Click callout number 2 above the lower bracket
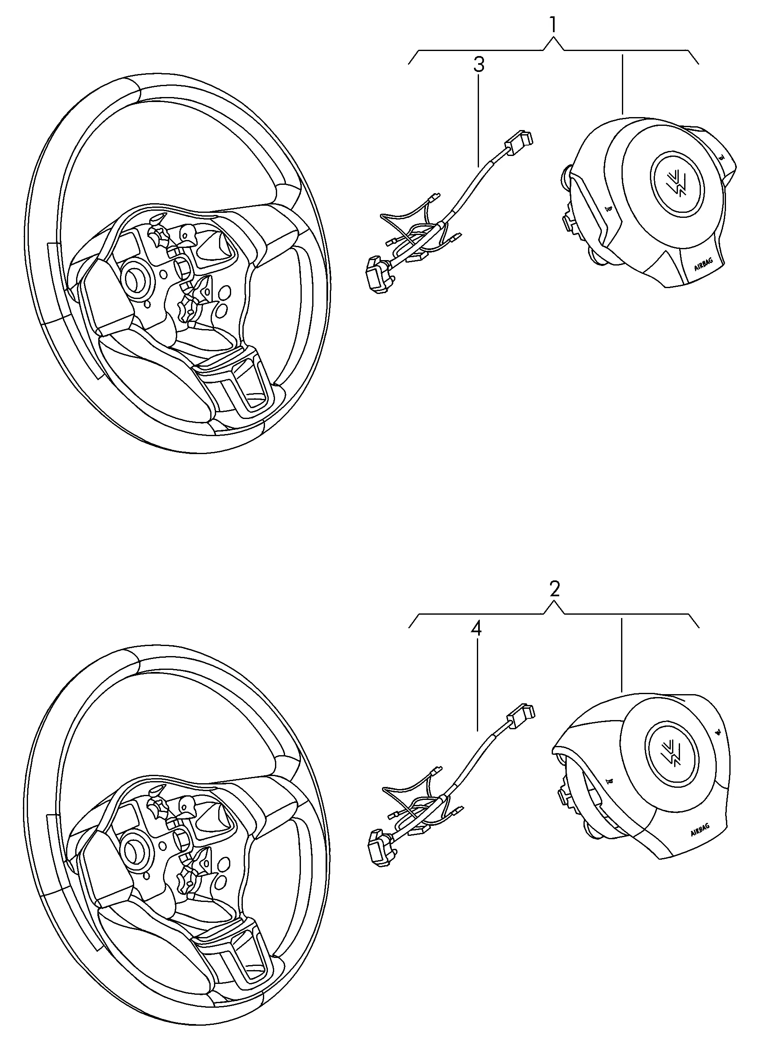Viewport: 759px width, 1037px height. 555,589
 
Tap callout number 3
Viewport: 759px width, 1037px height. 479,65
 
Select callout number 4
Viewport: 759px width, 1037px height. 477,628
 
